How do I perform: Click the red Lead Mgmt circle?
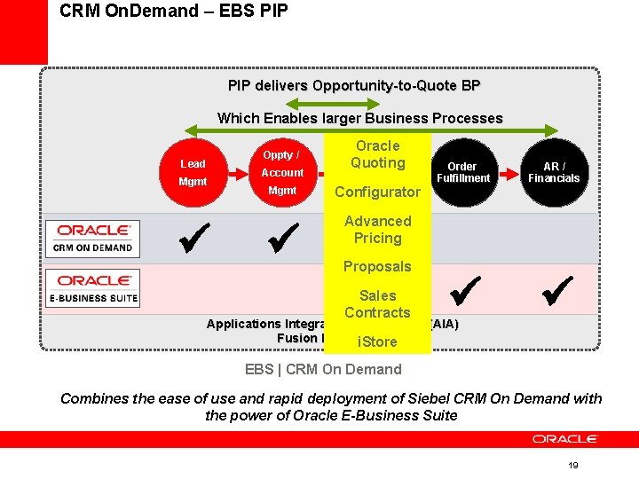tap(193, 173)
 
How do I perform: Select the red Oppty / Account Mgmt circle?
tap(282, 173)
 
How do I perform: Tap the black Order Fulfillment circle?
tap(461, 173)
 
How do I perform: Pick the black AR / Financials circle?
tap(554, 173)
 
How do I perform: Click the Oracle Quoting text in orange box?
tap(377, 154)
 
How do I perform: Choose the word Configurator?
tap(377, 192)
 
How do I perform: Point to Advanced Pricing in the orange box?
tap(377, 230)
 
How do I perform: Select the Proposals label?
tap(377, 266)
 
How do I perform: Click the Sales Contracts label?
tap(377, 303)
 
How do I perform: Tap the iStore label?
tap(377, 342)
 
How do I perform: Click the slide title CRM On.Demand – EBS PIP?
tap(174, 12)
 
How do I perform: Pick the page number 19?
tap(573, 466)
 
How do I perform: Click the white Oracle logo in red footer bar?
tap(565, 439)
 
